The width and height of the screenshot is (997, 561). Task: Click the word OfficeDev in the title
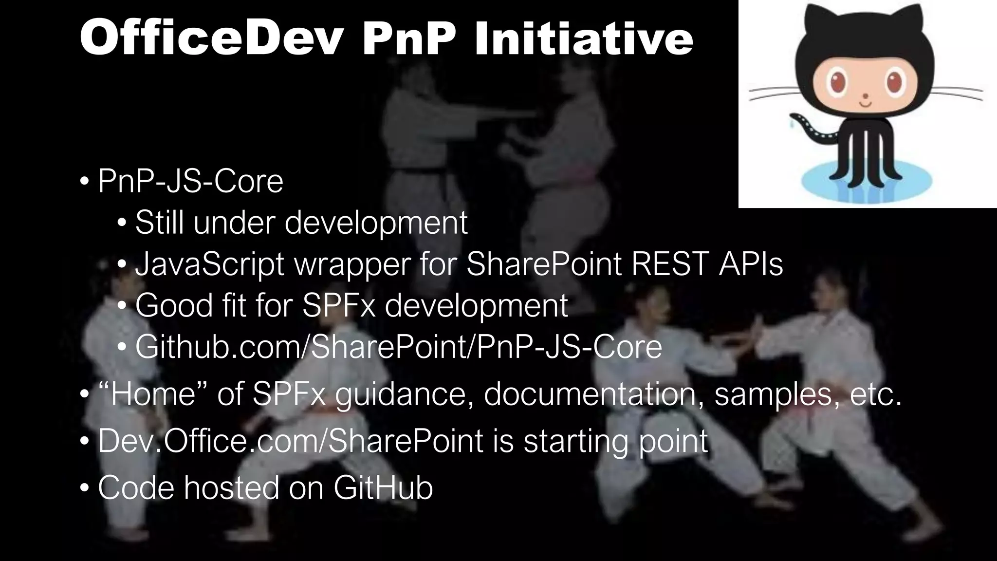[210, 39]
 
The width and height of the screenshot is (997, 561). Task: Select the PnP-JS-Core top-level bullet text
[190, 181]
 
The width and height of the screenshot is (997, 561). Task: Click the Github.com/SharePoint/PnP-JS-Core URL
[398, 347]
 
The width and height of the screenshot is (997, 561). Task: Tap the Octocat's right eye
[895, 82]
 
